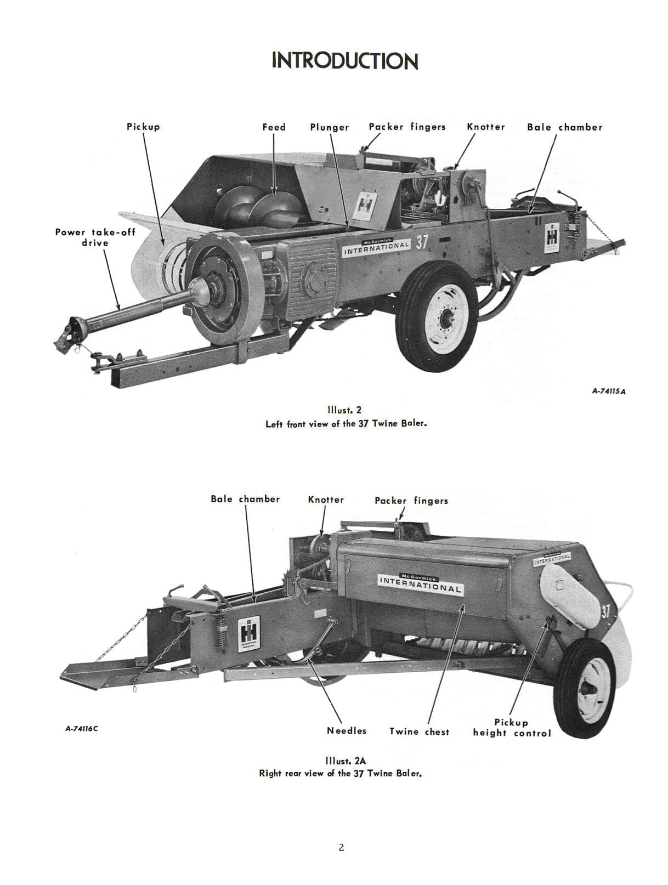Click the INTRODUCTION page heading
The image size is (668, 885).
click(344, 61)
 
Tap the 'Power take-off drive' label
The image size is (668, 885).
click(95, 237)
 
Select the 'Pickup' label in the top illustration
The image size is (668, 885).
click(143, 127)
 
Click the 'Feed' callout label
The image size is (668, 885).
click(274, 127)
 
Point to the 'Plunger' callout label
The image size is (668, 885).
click(329, 127)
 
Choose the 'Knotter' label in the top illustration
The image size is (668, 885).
click(485, 127)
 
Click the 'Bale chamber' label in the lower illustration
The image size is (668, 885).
click(245, 499)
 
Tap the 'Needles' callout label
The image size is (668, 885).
click(347, 730)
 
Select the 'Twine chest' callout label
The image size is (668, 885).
click(419, 731)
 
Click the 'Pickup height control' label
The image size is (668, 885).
click(512, 728)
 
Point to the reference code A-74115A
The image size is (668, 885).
click(609, 392)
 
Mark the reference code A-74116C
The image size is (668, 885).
click(82, 729)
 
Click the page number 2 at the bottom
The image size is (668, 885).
click(341, 848)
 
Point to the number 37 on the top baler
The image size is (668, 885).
click(421, 243)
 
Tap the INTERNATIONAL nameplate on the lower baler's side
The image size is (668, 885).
click(420, 583)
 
